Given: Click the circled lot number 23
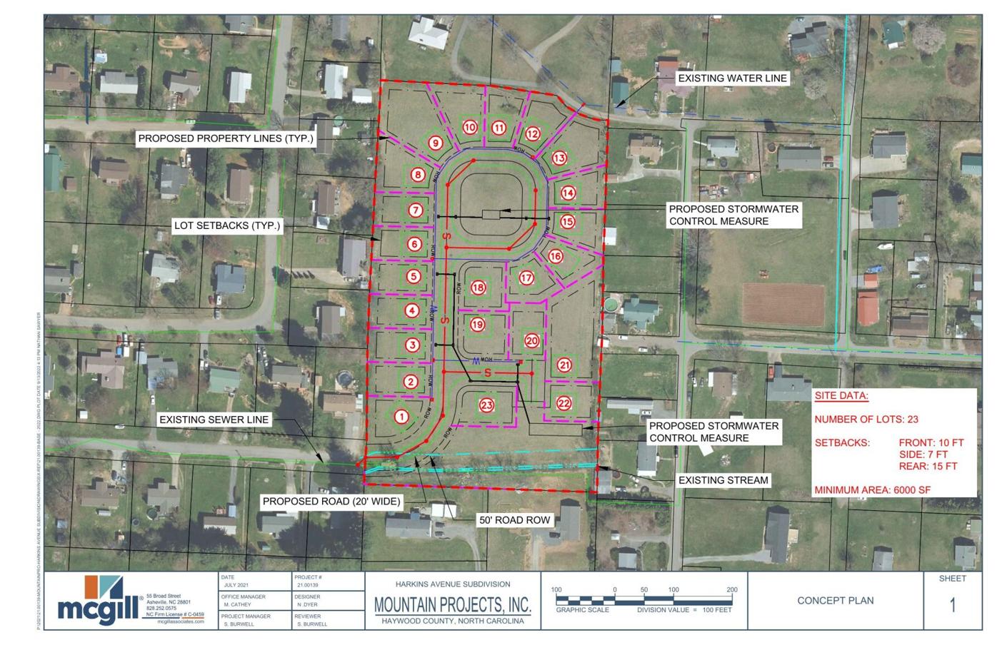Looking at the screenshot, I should click(x=486, y=405).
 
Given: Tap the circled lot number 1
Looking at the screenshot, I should click(x=401, y=417).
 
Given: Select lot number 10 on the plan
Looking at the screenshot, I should click(x=469, y=127).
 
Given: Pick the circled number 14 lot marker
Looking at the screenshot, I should click(x=568, y=192).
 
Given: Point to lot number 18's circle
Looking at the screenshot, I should click(x=478, y=288).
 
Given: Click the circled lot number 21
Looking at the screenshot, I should click(x=564, y=365).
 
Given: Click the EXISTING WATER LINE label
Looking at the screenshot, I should click(x=732, y=78).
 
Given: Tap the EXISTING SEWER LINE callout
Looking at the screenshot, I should click(x=214, y=420).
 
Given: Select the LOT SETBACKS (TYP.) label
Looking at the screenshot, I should click(x=227, y=225).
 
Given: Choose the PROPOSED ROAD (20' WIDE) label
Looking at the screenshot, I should click(x=331, y=502).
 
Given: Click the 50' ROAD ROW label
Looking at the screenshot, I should click(x=514, y=520).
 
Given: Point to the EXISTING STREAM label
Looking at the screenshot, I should click(x=723, y=480).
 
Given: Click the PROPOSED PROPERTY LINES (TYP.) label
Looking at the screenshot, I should click(x=226, y=138).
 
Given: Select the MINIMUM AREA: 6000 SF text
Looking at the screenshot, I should click(x=872, y=489).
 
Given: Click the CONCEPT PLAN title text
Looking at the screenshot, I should click(x=835, y=601).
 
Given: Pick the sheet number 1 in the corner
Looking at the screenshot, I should click(x=952, y=606).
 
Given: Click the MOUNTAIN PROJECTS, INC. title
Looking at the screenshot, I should click(x=453, y=605).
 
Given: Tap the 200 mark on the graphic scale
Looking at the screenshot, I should click(x=731, y=590).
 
